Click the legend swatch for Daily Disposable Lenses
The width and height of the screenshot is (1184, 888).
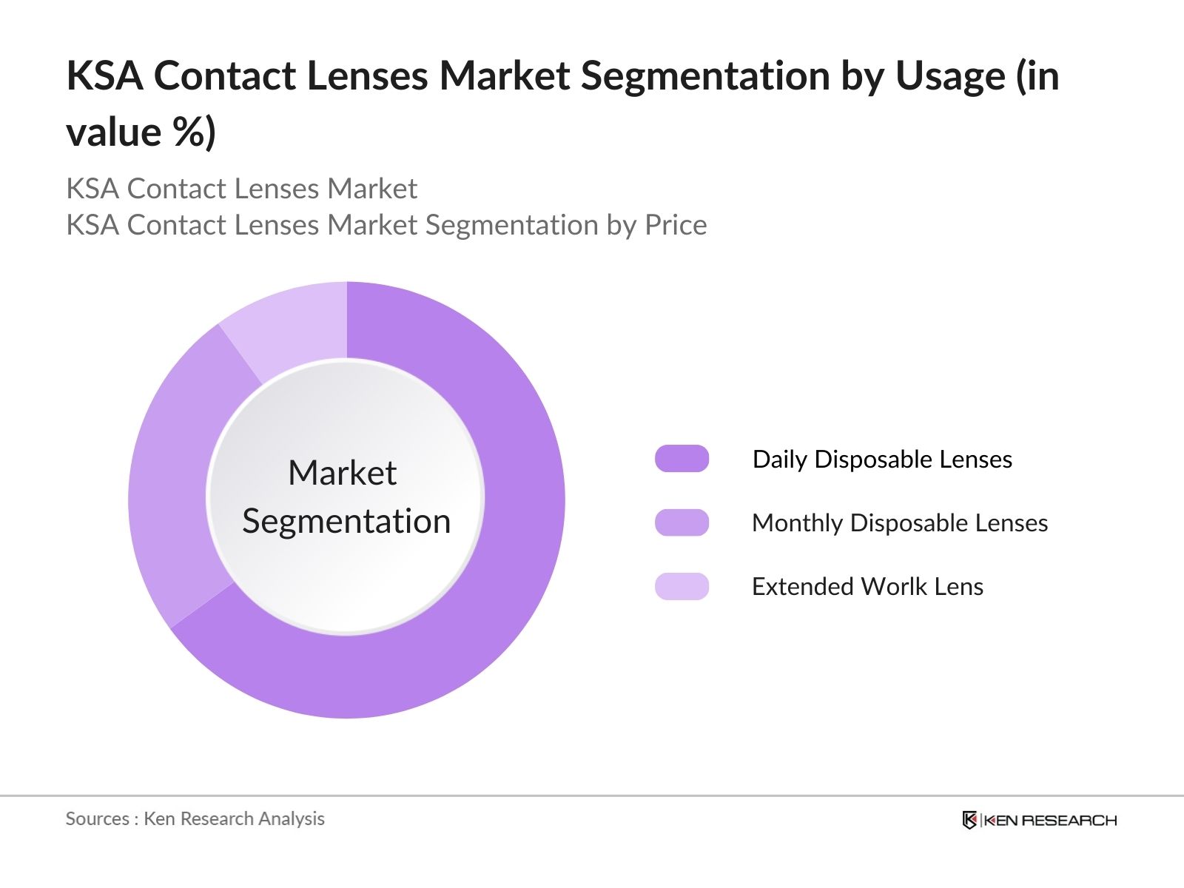[682, 459]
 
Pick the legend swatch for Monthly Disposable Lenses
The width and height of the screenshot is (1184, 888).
[682, 522]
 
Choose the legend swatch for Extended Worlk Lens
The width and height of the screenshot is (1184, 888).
[682, 586]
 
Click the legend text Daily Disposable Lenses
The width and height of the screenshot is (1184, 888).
[882, 460]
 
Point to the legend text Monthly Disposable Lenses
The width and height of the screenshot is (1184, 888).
[900, 523]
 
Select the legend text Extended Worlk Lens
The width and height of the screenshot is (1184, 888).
[867, 587]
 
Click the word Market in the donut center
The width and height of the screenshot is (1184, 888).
[342, 473]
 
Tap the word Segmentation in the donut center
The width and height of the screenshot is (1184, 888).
[346, 522]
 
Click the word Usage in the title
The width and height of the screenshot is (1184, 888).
[950, 76]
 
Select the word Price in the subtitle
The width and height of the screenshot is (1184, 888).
[676, 225]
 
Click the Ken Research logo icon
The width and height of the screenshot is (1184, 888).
[969, 820]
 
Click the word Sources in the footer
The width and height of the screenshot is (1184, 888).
[97, 818]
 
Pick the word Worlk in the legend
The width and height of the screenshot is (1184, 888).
[895, 587]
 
